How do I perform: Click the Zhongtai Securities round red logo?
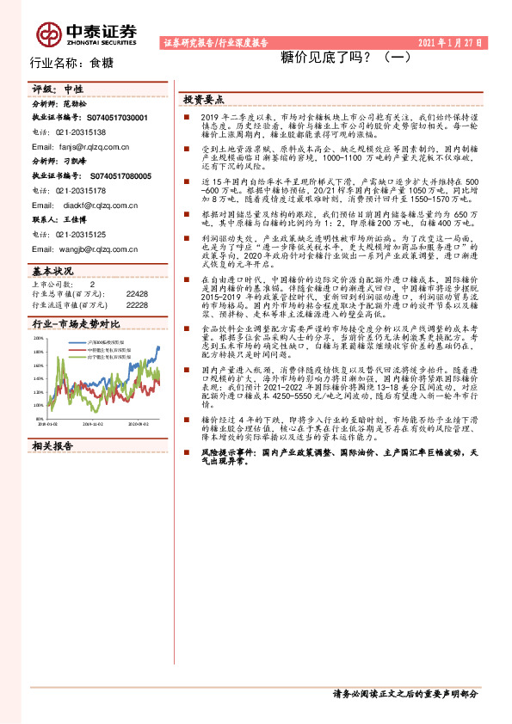[47, 33]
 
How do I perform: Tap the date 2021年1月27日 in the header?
[448, 41]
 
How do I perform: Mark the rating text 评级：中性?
[58, 89]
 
